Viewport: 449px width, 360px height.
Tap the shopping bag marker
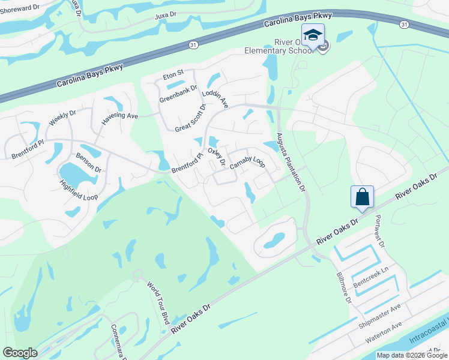(x=362, y=197)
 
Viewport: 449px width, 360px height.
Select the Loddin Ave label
(x=215, y=97)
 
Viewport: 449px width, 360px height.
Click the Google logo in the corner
(x=20, y=353)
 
